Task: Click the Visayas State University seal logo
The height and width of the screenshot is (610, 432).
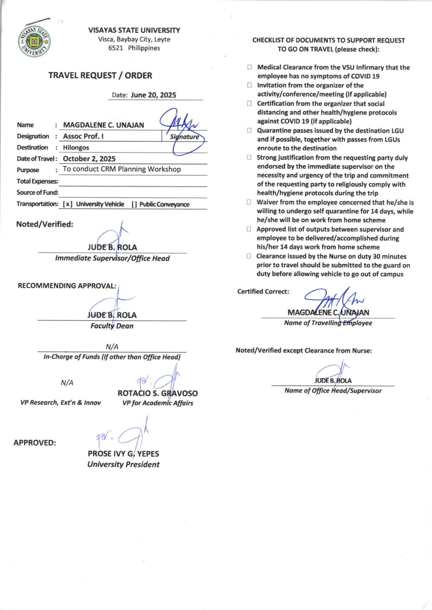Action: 34,42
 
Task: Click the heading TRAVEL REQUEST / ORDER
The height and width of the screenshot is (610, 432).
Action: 100,76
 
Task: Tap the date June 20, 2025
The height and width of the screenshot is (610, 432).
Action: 153,95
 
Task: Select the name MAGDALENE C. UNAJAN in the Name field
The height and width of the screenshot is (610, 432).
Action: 103,125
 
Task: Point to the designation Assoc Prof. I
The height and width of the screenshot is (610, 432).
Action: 83,136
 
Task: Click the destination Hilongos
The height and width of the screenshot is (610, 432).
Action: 76,148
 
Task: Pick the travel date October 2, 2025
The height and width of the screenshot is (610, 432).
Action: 89,159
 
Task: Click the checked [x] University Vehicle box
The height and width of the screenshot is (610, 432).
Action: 68,204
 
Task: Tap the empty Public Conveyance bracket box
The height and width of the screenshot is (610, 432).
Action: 134,204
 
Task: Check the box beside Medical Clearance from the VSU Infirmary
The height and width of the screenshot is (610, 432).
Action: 250,67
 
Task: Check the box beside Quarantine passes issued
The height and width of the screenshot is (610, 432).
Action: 249,130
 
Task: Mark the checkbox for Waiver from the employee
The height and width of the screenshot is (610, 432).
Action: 249,202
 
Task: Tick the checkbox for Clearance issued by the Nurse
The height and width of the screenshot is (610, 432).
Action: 249,256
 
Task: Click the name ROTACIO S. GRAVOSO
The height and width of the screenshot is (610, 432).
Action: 157,393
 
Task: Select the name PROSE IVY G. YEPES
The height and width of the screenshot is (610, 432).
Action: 123,454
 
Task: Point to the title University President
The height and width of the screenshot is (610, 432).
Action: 123,464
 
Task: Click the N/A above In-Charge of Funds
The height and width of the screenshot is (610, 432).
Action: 112,347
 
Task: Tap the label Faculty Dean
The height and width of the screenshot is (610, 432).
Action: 112,326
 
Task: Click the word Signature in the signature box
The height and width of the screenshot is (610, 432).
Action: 184,137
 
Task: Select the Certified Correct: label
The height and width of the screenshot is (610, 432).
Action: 263,292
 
